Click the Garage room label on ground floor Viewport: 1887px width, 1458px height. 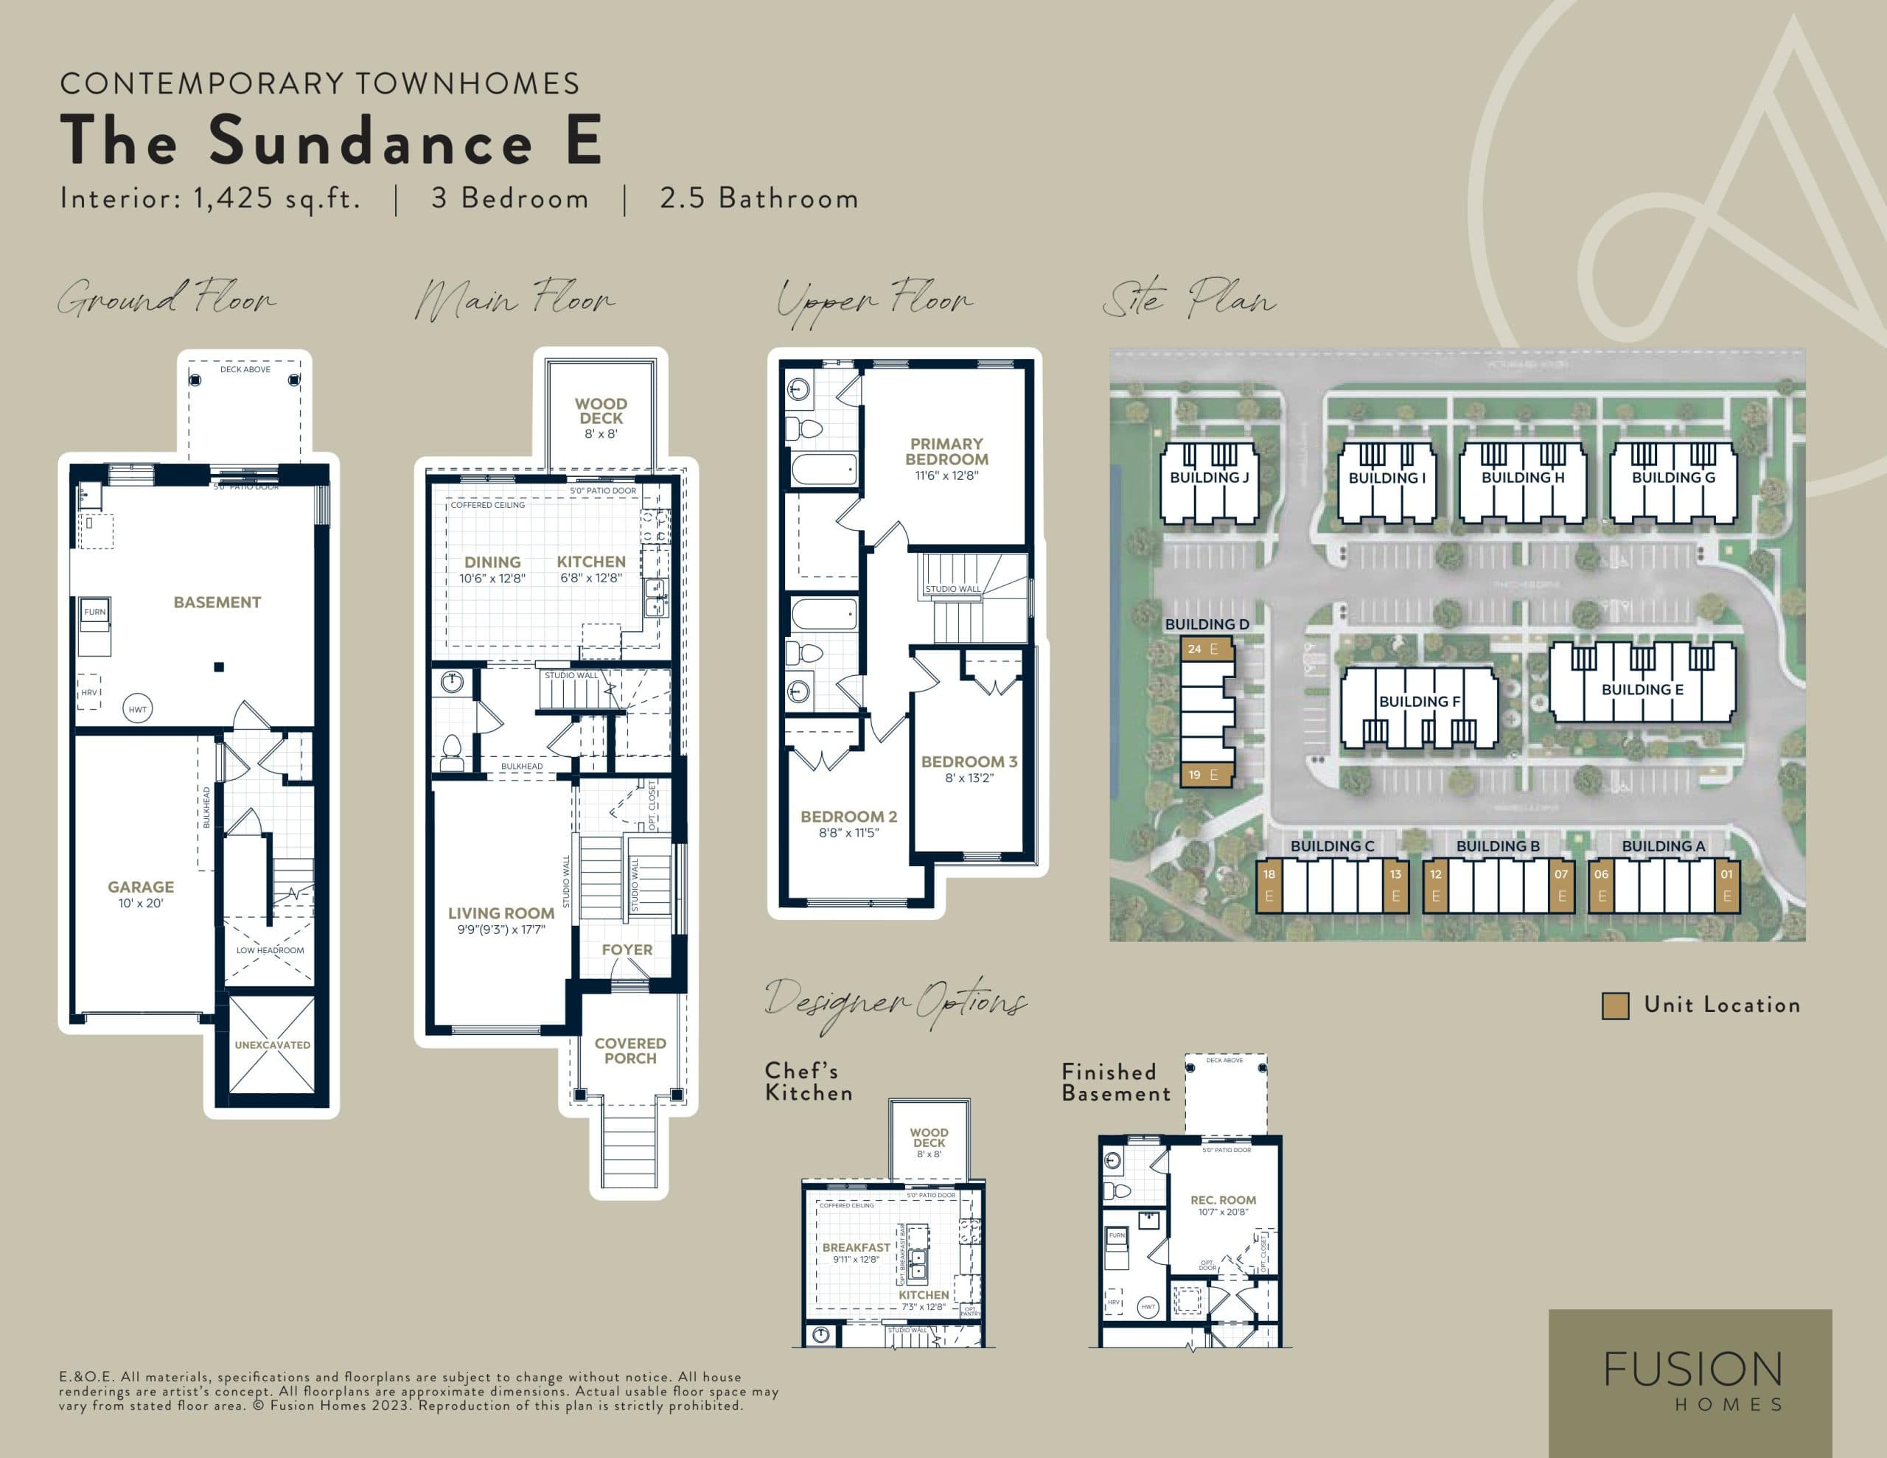pos(141,887)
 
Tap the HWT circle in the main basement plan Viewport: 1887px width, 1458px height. pos(137,708)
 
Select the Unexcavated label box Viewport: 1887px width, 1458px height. pos(272,1045)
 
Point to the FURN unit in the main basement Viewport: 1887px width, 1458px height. pos(94,612)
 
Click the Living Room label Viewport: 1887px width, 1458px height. pos(501,913)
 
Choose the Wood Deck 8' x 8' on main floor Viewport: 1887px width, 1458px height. pos(601,417)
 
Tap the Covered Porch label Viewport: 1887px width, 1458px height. pos(630,1051)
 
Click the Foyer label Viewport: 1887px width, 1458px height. pos(627,950)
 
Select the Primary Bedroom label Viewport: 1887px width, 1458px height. pos(946,451)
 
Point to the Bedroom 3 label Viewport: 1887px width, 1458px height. pos(969,762)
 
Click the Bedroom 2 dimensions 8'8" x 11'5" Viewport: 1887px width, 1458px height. pos(848,833)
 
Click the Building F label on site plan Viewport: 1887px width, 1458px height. pos(1419,702)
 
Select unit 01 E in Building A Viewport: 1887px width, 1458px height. pos(1726,885)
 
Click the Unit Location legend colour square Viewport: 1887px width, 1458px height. pos(1615,1005)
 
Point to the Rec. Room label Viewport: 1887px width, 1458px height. pos(1223,1201)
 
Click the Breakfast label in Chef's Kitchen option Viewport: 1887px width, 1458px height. pos(855,1248)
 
